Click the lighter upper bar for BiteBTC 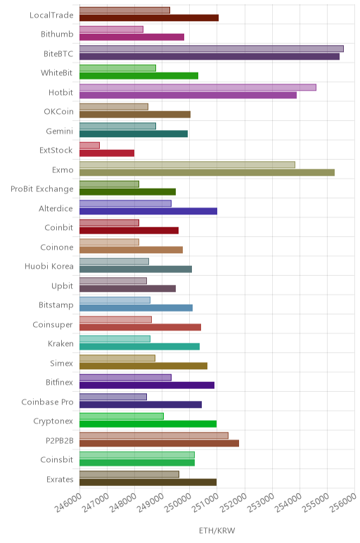pos(212,49)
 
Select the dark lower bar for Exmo pos(207,172)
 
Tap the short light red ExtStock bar pos(90,146)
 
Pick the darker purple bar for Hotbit pos(188,95)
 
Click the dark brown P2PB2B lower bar pos(159,443)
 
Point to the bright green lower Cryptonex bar pos(148,424)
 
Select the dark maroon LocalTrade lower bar pos(149,18)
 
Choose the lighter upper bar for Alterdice pos(125,204)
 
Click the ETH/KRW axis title pos(217,530)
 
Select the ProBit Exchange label pos(42,189)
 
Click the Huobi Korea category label pos(49,267)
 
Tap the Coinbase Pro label pos(47,402)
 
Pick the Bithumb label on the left pos(57,34)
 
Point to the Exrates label pos(60,480)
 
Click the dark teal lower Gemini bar pos(134,134)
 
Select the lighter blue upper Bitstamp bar pos(115,300)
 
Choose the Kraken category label pos(60,344)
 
